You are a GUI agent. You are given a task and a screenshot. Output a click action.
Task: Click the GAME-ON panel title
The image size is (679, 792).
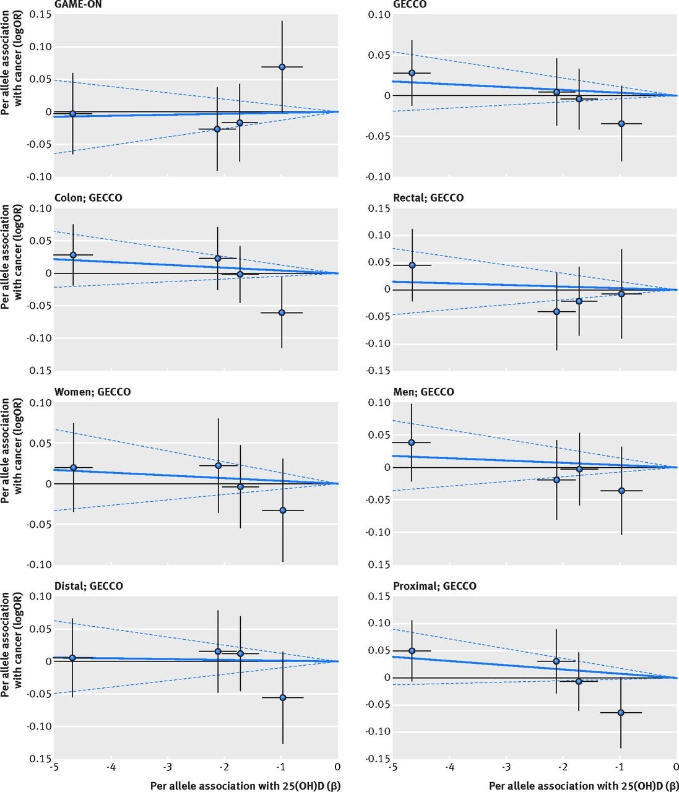point(78,4)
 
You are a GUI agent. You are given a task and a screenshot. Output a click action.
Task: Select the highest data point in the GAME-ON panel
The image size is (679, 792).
point(282,67)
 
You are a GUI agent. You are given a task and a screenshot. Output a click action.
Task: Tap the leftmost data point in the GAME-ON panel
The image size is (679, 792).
point(72,114)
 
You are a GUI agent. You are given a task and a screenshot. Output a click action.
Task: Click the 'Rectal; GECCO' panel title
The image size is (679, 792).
point(428,198)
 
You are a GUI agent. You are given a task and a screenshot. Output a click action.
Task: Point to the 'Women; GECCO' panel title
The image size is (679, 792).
point(93,392)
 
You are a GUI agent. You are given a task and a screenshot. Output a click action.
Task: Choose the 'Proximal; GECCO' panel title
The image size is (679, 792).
point(435,586)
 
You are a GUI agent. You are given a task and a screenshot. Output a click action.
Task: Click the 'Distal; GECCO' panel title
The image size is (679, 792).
point(89,586)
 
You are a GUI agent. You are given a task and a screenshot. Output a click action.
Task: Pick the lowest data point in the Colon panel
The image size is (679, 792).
point(282,312)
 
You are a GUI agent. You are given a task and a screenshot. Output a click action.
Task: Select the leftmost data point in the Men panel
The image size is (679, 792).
point(412,442)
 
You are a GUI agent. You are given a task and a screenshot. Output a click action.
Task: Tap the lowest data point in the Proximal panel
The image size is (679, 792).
point(621,713)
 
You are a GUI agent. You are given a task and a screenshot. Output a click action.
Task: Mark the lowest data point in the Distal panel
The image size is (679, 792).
point(282,697)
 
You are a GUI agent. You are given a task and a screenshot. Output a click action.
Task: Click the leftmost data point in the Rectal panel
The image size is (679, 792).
point(412,265)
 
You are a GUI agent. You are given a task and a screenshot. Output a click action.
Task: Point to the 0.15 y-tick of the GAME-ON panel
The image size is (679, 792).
point(40,14)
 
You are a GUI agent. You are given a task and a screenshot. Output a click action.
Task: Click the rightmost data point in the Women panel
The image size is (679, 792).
point(283,510)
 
